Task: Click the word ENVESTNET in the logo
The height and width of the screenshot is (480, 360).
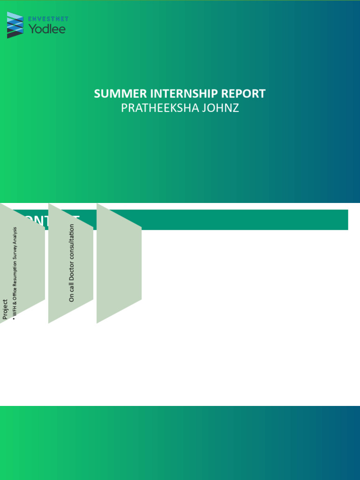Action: [48, 19]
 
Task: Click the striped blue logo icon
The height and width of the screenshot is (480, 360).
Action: [15, 25]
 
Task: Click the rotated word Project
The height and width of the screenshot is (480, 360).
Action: [5, 309]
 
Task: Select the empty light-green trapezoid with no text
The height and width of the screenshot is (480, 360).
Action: [119, 263]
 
